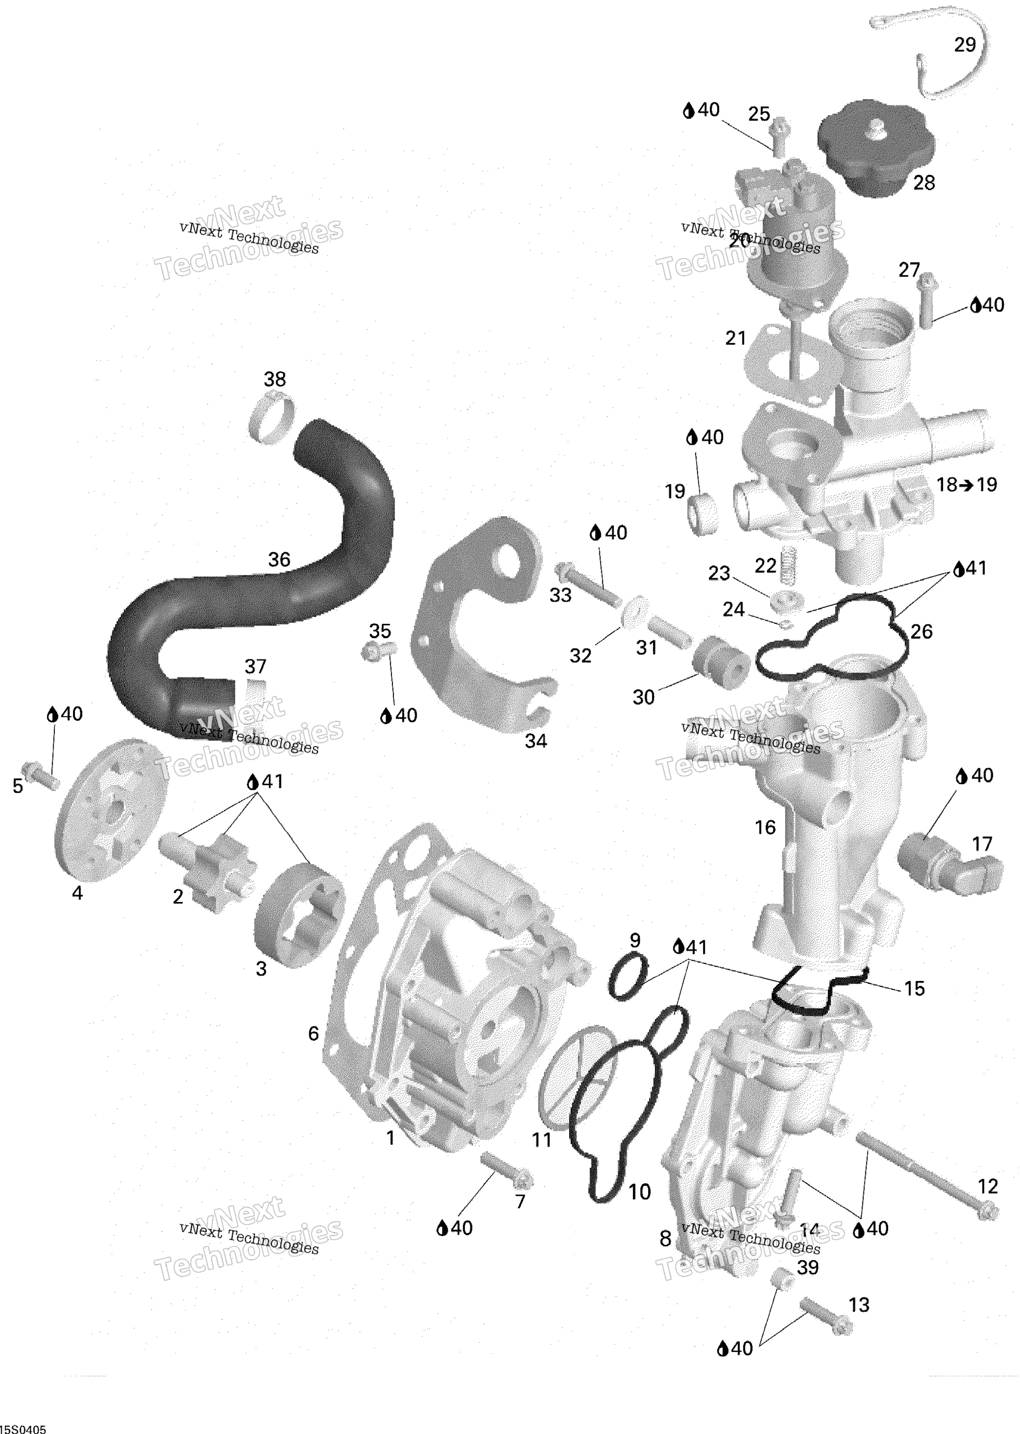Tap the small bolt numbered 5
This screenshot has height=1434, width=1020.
tap(39, 774)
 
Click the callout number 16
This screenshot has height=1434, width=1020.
tap(765, 828)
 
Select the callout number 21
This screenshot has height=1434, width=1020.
tap(736, 338)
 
